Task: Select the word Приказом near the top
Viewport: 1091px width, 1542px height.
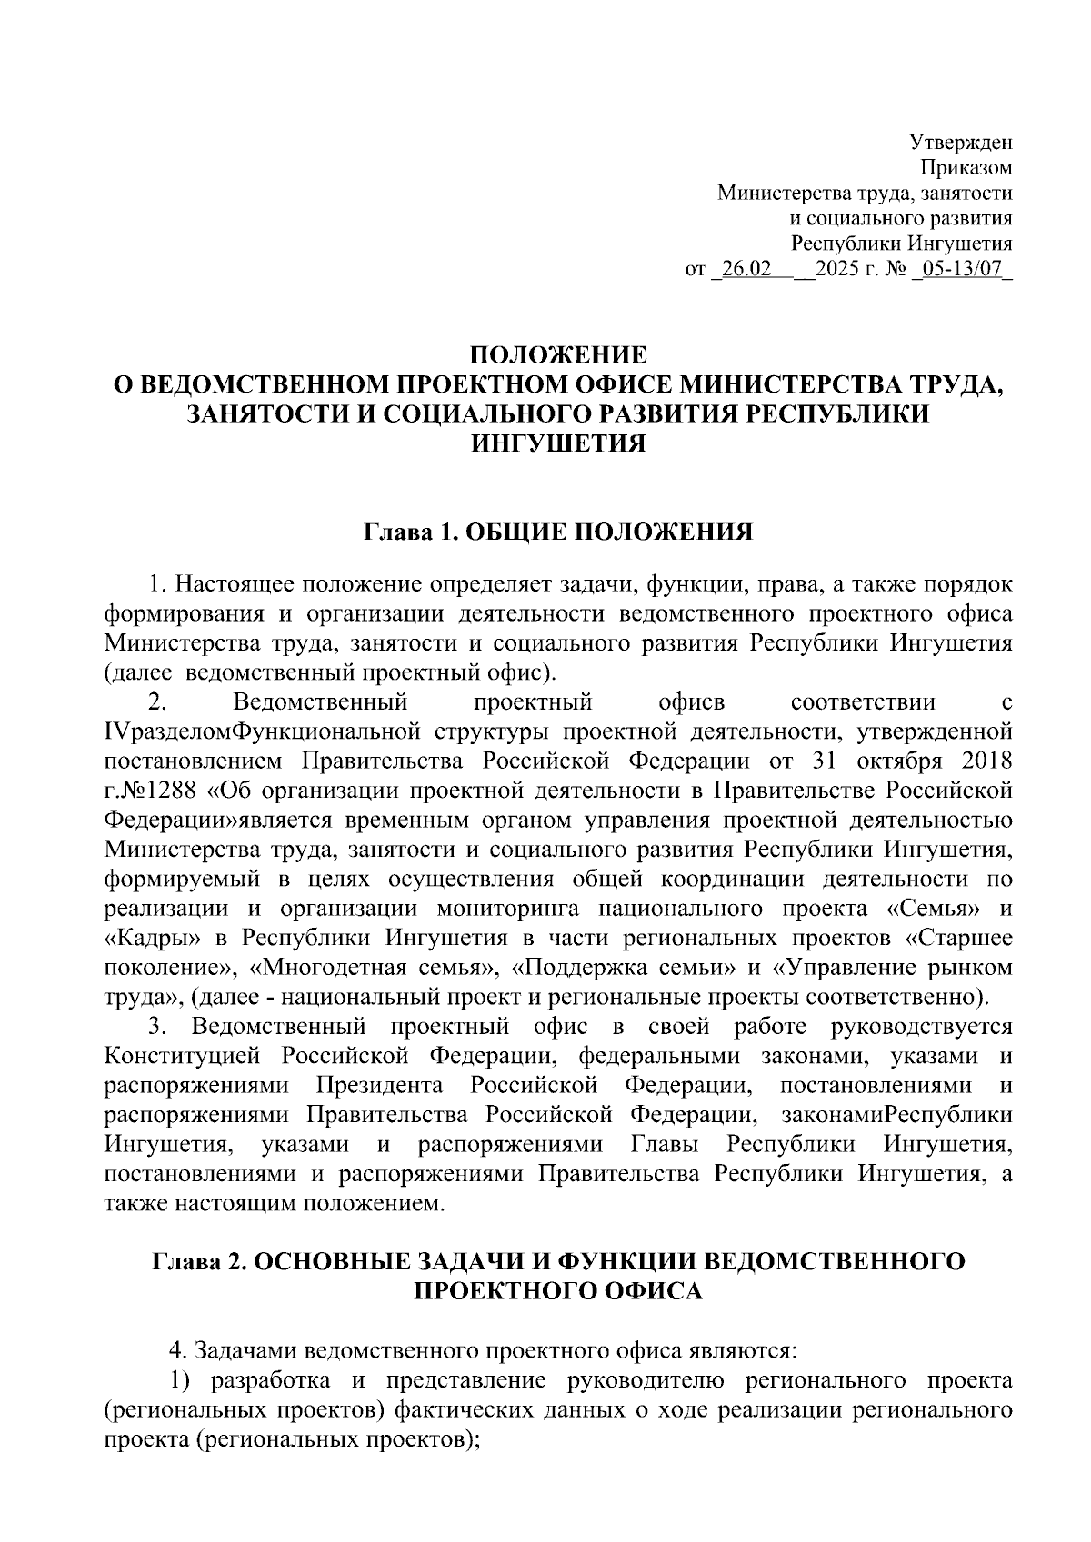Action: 967,168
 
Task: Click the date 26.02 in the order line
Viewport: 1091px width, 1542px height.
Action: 745,270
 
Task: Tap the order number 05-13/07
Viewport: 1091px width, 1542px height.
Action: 965,270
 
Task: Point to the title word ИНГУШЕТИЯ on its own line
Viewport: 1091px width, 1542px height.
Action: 556,443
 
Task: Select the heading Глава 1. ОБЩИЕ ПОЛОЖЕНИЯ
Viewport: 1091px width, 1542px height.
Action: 558,532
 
